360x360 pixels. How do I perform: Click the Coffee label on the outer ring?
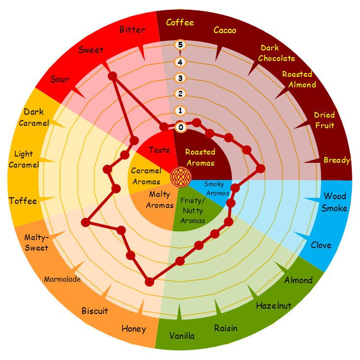tap(180, 23)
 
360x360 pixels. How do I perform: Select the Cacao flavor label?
tap(225, 30)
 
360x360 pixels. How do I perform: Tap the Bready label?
tap(337, 160)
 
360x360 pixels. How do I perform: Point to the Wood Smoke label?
tap(335, 202)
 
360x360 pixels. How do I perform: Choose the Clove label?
tap(321, 245)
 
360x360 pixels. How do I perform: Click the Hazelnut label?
tap(274, 305)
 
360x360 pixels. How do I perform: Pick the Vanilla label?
tap(182, 336)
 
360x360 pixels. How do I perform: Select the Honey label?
tap(133, 329)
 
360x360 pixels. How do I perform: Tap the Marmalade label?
tap(62, 279)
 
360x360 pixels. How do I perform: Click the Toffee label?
tap(23, 201)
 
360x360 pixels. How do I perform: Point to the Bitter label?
tap(132, 30)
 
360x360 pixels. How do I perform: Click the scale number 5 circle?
tap(180, 45)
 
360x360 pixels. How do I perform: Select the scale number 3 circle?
tap(180, 78)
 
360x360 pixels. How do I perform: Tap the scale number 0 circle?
tap(180, 127)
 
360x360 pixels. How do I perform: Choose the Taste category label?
tap(159, 150)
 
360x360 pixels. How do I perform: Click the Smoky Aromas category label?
tap(216, 189)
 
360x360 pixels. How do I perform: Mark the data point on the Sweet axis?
tap(112, 76)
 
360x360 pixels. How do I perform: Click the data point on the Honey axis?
tap(149, 282)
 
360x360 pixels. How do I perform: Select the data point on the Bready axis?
tap(260, 168)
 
